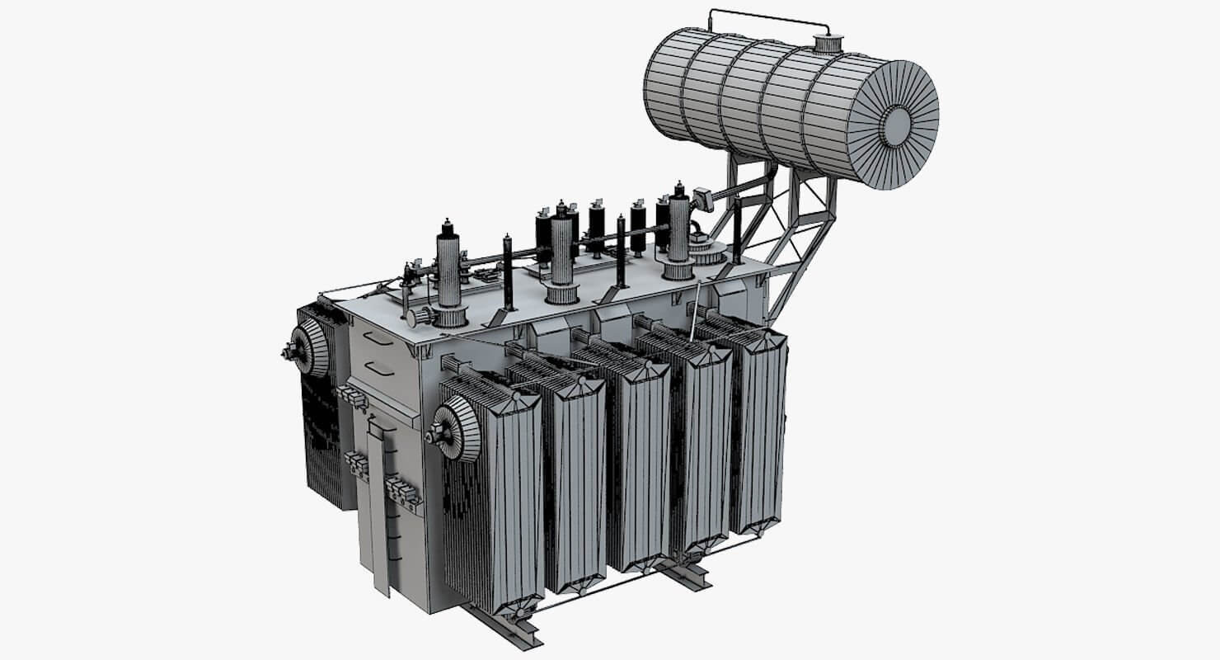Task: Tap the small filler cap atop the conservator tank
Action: pyautogui.click(x=823, y=43)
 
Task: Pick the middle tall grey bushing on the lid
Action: pyautogui.click(x=562, y=252)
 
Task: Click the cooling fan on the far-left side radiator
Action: pyautogui.click(x=310, y=347)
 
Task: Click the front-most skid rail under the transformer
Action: pyautogui.click(x=503, y=627)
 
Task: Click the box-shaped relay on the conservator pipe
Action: pyautogui.click(x=703, y=199)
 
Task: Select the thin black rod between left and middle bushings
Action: pyautogui.click(x=508, y=272)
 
